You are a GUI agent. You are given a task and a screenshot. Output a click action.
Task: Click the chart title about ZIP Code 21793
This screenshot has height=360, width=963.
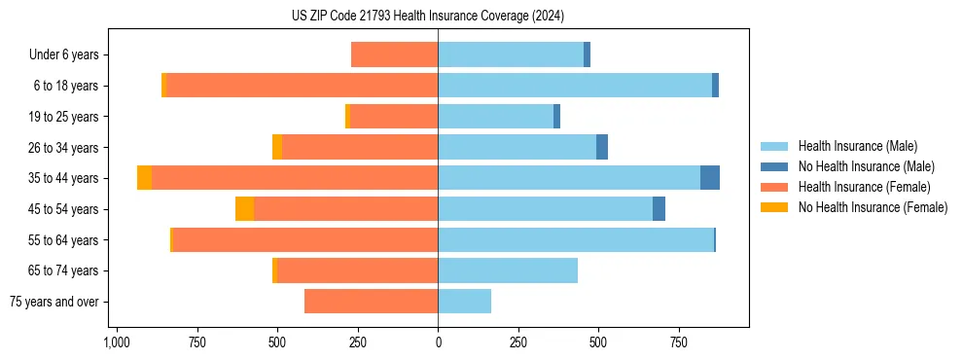tap(427, 17)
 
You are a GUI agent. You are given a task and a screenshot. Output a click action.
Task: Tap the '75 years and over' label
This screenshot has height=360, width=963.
tap(54, 302)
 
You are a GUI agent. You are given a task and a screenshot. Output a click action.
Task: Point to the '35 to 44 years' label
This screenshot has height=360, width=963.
tap(64, 178)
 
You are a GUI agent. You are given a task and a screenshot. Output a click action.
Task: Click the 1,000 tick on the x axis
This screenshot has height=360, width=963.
tap(116, 342)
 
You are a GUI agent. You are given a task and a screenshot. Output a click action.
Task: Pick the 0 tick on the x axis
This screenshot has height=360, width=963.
tap(438, 342)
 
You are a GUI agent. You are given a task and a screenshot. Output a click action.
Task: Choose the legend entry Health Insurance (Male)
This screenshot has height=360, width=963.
tap(857, 146)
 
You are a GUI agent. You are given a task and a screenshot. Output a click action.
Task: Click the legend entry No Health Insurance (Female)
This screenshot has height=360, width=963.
tap(873, 207)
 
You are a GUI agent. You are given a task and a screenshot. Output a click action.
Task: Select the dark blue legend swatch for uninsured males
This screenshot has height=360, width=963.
tap(775, 166)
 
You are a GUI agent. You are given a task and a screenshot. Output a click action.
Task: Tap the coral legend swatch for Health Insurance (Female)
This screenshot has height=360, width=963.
tap(775, 187)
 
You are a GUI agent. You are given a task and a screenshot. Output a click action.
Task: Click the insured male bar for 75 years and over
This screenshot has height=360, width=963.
tap(464, 302)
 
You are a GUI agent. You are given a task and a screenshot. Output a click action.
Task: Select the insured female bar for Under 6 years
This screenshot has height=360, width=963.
tap(394, 55)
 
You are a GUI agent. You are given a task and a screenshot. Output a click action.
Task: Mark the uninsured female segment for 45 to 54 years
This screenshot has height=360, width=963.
tap(244, 209)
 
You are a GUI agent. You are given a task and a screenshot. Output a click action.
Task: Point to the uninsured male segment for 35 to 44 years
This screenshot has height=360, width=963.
tap(710, 178)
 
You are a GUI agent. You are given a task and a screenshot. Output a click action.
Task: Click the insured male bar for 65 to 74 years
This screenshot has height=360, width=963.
tap(508, 270)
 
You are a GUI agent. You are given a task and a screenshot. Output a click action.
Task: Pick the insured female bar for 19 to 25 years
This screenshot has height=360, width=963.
tap(394, 117)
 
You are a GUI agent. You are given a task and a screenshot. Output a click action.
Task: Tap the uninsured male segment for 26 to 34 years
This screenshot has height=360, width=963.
tap(602, 147)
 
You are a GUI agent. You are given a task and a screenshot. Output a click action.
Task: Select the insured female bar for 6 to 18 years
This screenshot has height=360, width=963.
tap(302, 86)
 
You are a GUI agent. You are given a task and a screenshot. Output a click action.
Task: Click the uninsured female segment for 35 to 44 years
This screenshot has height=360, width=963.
tap(144, 178)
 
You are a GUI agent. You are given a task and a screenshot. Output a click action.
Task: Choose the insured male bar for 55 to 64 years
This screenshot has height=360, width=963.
tap(576, 240)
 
